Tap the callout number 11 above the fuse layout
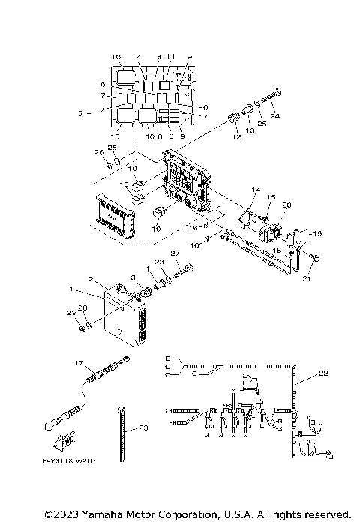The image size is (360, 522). pos(171,57)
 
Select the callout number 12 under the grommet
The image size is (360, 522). pos(236,137)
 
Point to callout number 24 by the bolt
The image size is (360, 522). pos(274,117)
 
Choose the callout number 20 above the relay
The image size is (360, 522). pos(286,205)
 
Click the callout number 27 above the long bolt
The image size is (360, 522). pos(175,254)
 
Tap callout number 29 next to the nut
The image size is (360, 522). pos(70,312)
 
